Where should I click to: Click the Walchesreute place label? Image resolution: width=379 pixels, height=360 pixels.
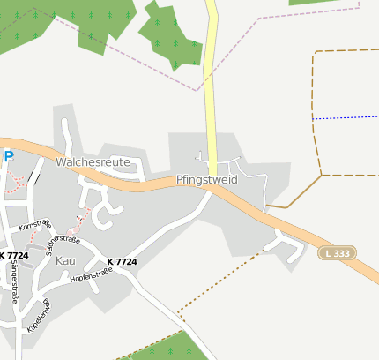click(93, 162)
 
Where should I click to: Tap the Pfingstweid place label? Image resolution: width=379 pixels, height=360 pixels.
click(207, 179)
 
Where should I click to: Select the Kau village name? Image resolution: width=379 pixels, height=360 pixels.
click(66, 261)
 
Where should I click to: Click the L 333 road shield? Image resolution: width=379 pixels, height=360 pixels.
click(337, 253)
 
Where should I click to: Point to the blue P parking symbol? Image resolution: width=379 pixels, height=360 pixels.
click(9, 157)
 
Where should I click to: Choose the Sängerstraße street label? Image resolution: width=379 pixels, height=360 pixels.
click(15, 282)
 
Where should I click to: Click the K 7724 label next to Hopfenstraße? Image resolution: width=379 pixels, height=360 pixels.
click(122, 262)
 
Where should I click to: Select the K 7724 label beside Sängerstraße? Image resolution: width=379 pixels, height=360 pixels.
click(14, 256)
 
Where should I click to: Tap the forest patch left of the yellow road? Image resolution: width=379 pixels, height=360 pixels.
click(172, 40)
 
